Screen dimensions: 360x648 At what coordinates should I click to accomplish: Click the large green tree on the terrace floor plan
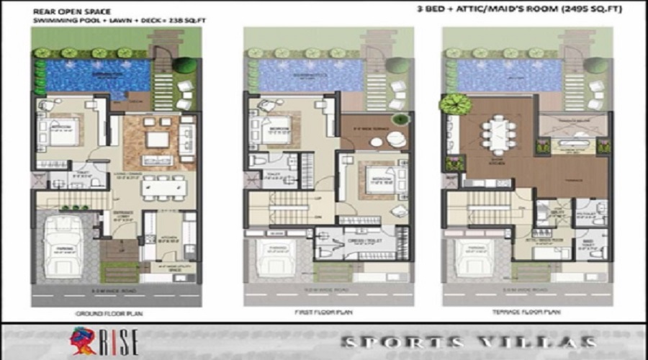pos(455,104)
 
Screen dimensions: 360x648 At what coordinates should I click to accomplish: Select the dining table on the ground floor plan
pos(164,187)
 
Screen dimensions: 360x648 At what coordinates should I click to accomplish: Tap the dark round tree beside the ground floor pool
pos(184,65)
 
